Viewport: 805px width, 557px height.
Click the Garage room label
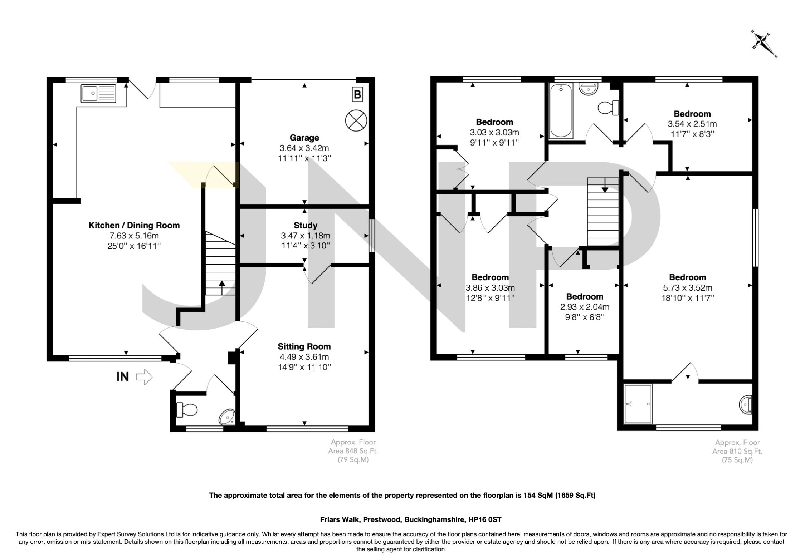(x=304, y=138)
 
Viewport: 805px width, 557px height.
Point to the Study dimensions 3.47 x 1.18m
(x=305, y=236)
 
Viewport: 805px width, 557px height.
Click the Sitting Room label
(x=304, y=346)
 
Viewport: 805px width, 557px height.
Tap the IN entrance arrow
(x=144, y=377)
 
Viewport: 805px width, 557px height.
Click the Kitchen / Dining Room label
(x=134, y=225)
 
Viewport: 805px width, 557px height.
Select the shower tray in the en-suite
(x=638, y=404)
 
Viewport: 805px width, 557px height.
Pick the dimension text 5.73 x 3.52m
(x=687, y=288)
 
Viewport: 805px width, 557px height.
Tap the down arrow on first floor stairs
(x=605, y=186)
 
